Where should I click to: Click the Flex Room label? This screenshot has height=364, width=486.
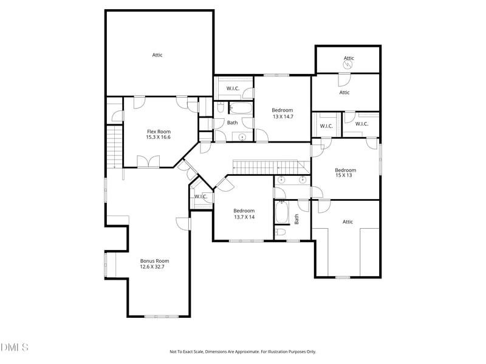click(159, 131)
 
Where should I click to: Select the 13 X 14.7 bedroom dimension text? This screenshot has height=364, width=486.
click(282, 116)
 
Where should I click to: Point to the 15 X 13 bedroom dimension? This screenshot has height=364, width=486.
click(346, 176)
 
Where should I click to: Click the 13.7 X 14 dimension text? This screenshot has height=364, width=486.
click(244, 217)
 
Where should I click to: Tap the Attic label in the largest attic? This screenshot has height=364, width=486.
click(157, 55)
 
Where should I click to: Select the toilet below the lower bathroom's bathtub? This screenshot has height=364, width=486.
click(281, 232)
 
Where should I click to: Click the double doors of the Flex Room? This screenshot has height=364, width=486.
click(148, 161)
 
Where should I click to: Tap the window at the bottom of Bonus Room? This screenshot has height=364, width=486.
click(162, 316)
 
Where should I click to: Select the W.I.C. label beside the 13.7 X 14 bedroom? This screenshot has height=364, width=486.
click(201, 197)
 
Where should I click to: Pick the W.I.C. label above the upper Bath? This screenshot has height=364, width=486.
click(233, 89)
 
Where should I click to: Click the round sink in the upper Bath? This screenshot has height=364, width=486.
click(243, 136)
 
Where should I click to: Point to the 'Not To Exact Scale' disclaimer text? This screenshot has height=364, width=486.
click(242, 351)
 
